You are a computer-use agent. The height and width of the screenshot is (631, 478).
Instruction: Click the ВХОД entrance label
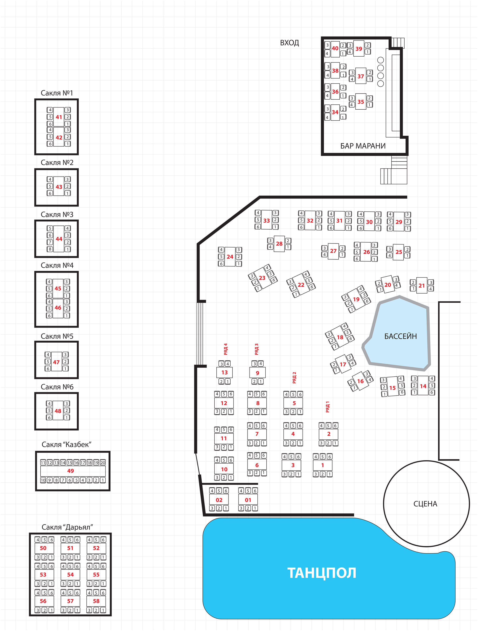(x=289, y=43)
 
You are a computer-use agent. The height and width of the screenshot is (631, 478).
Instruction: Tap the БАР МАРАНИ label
(x=363, y=146)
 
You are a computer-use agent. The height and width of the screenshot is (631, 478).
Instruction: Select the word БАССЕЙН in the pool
(x=400, y=336)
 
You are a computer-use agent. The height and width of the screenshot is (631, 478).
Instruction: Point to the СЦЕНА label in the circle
(x=425, y=504)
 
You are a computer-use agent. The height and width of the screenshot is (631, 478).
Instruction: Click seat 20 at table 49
(x=103, y=463)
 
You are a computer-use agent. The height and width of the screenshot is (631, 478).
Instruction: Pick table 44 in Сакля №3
(x=59, y=239)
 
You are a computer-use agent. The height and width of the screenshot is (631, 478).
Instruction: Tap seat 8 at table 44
(x=50, y=249)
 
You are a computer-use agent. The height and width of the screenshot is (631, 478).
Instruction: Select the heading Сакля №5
(x=57, y=336)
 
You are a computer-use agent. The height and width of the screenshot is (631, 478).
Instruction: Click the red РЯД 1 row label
(x=327, y=406)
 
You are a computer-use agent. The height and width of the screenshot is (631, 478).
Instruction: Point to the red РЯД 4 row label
(x=226, y=349)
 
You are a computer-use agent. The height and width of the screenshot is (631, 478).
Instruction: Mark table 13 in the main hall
(x=224, y=372)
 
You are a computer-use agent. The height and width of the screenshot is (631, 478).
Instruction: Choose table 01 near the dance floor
(x=248, y=500)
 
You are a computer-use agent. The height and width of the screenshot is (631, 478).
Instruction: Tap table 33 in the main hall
(x=266, y=221)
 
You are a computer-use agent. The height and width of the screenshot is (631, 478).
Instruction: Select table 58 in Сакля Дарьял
(x=96, y=601)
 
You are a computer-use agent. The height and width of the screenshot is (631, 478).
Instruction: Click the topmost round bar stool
(x=380, y=60)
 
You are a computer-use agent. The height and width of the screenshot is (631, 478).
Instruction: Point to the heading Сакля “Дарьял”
(x=67, y=527)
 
